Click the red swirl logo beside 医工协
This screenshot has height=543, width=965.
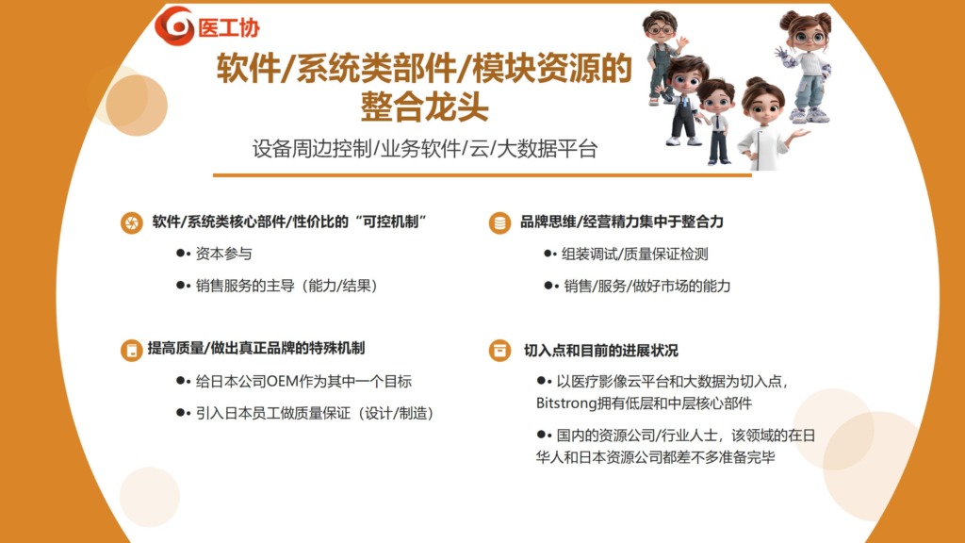tap(174, 25)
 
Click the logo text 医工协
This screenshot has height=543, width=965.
tap(229, 27)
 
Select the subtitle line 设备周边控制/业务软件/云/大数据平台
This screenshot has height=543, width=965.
tap(425, 149)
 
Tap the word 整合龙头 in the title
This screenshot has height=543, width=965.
tap(425, 106)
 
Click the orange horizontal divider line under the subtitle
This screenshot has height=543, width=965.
tap(482, 175)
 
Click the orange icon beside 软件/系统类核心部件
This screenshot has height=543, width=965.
tap(132, 222)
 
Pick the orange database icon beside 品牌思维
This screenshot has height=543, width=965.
tap(499, 222)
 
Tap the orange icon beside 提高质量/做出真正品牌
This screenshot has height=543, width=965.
tap(132, 351)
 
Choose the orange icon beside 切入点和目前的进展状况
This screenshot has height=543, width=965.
tap(499, 351)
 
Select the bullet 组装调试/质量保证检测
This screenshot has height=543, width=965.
tap(634, 255)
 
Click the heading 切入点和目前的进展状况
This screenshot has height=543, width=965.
tap(600, 351)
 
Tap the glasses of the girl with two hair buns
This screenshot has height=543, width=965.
tap(809, 38)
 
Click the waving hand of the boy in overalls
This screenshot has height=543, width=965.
tap(682, 43)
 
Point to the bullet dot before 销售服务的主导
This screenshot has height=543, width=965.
tap(180, 285)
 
